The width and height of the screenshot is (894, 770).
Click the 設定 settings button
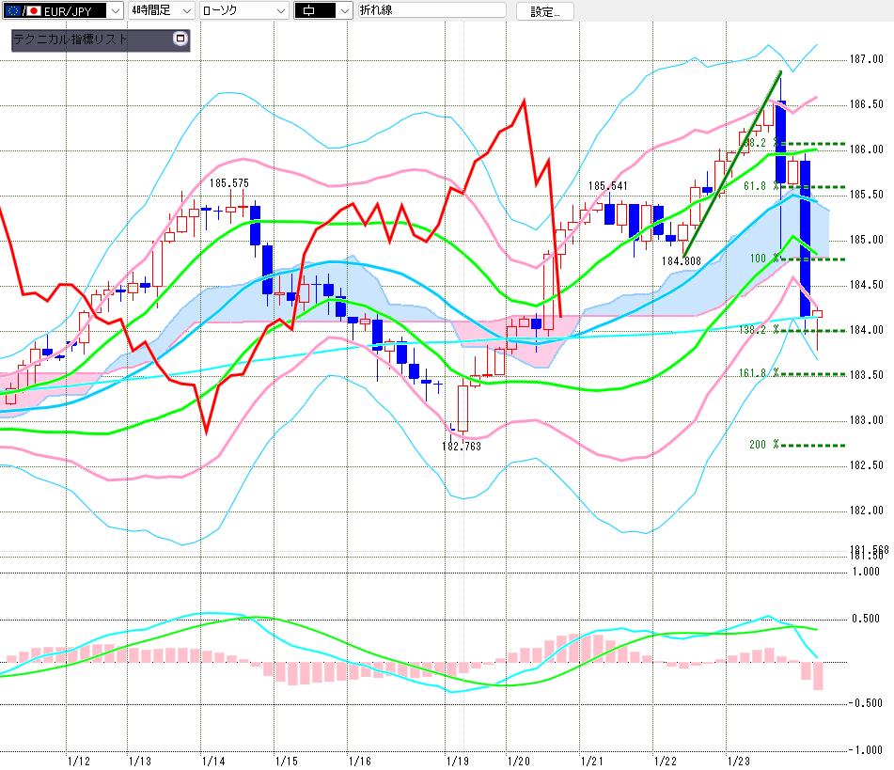[x=551, y=11]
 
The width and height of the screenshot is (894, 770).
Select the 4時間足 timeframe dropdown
[x=161, y=10]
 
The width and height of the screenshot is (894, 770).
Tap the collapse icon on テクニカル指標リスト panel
[x=180, y=39]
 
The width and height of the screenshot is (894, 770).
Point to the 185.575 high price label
[x=229, y=183]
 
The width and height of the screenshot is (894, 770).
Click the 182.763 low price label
[x=463, y=446]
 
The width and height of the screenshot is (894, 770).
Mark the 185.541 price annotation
[x=608, y=186]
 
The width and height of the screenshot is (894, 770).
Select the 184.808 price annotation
[x=680, y=260]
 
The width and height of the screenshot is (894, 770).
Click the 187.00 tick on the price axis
[x=863, y=59]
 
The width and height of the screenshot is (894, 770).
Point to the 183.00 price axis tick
[x=863, y=420]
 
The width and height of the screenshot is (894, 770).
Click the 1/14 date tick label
[x=212, y=759]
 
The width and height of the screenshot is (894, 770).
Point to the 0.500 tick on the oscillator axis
[x=866, y=619]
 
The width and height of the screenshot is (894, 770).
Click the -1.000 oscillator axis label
[x=864, y=749]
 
